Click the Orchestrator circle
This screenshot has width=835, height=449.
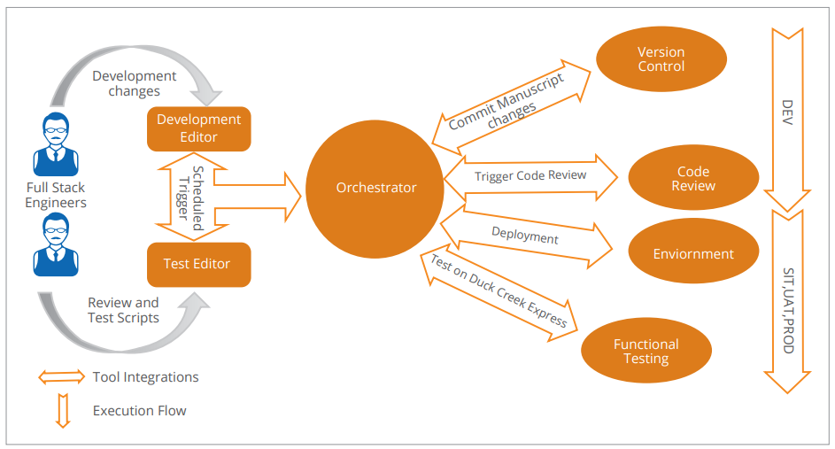[x=375, y=188]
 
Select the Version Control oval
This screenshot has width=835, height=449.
[x=661, y=59]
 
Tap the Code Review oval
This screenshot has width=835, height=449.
[x=693, y=179]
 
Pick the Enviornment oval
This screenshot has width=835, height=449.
[x=693, y=253]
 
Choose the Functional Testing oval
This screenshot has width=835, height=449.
[x=646, y=352]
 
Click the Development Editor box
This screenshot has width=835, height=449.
[x=198, y=128]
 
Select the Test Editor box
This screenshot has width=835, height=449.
[x=198, y=264]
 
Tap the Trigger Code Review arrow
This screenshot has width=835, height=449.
[x=531, y=176]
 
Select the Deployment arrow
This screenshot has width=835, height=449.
[x=526, y=237]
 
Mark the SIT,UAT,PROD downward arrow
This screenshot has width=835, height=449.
[x=787, y=301]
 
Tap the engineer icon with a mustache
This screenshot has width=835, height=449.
[x=55, y=245]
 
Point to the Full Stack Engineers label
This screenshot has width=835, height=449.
[x=56, y=195]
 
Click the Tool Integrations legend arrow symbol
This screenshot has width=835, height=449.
[x=61, y=377]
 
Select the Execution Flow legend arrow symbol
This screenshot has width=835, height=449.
[x=62, y=411]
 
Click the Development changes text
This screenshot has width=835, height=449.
[x=135, y=84]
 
